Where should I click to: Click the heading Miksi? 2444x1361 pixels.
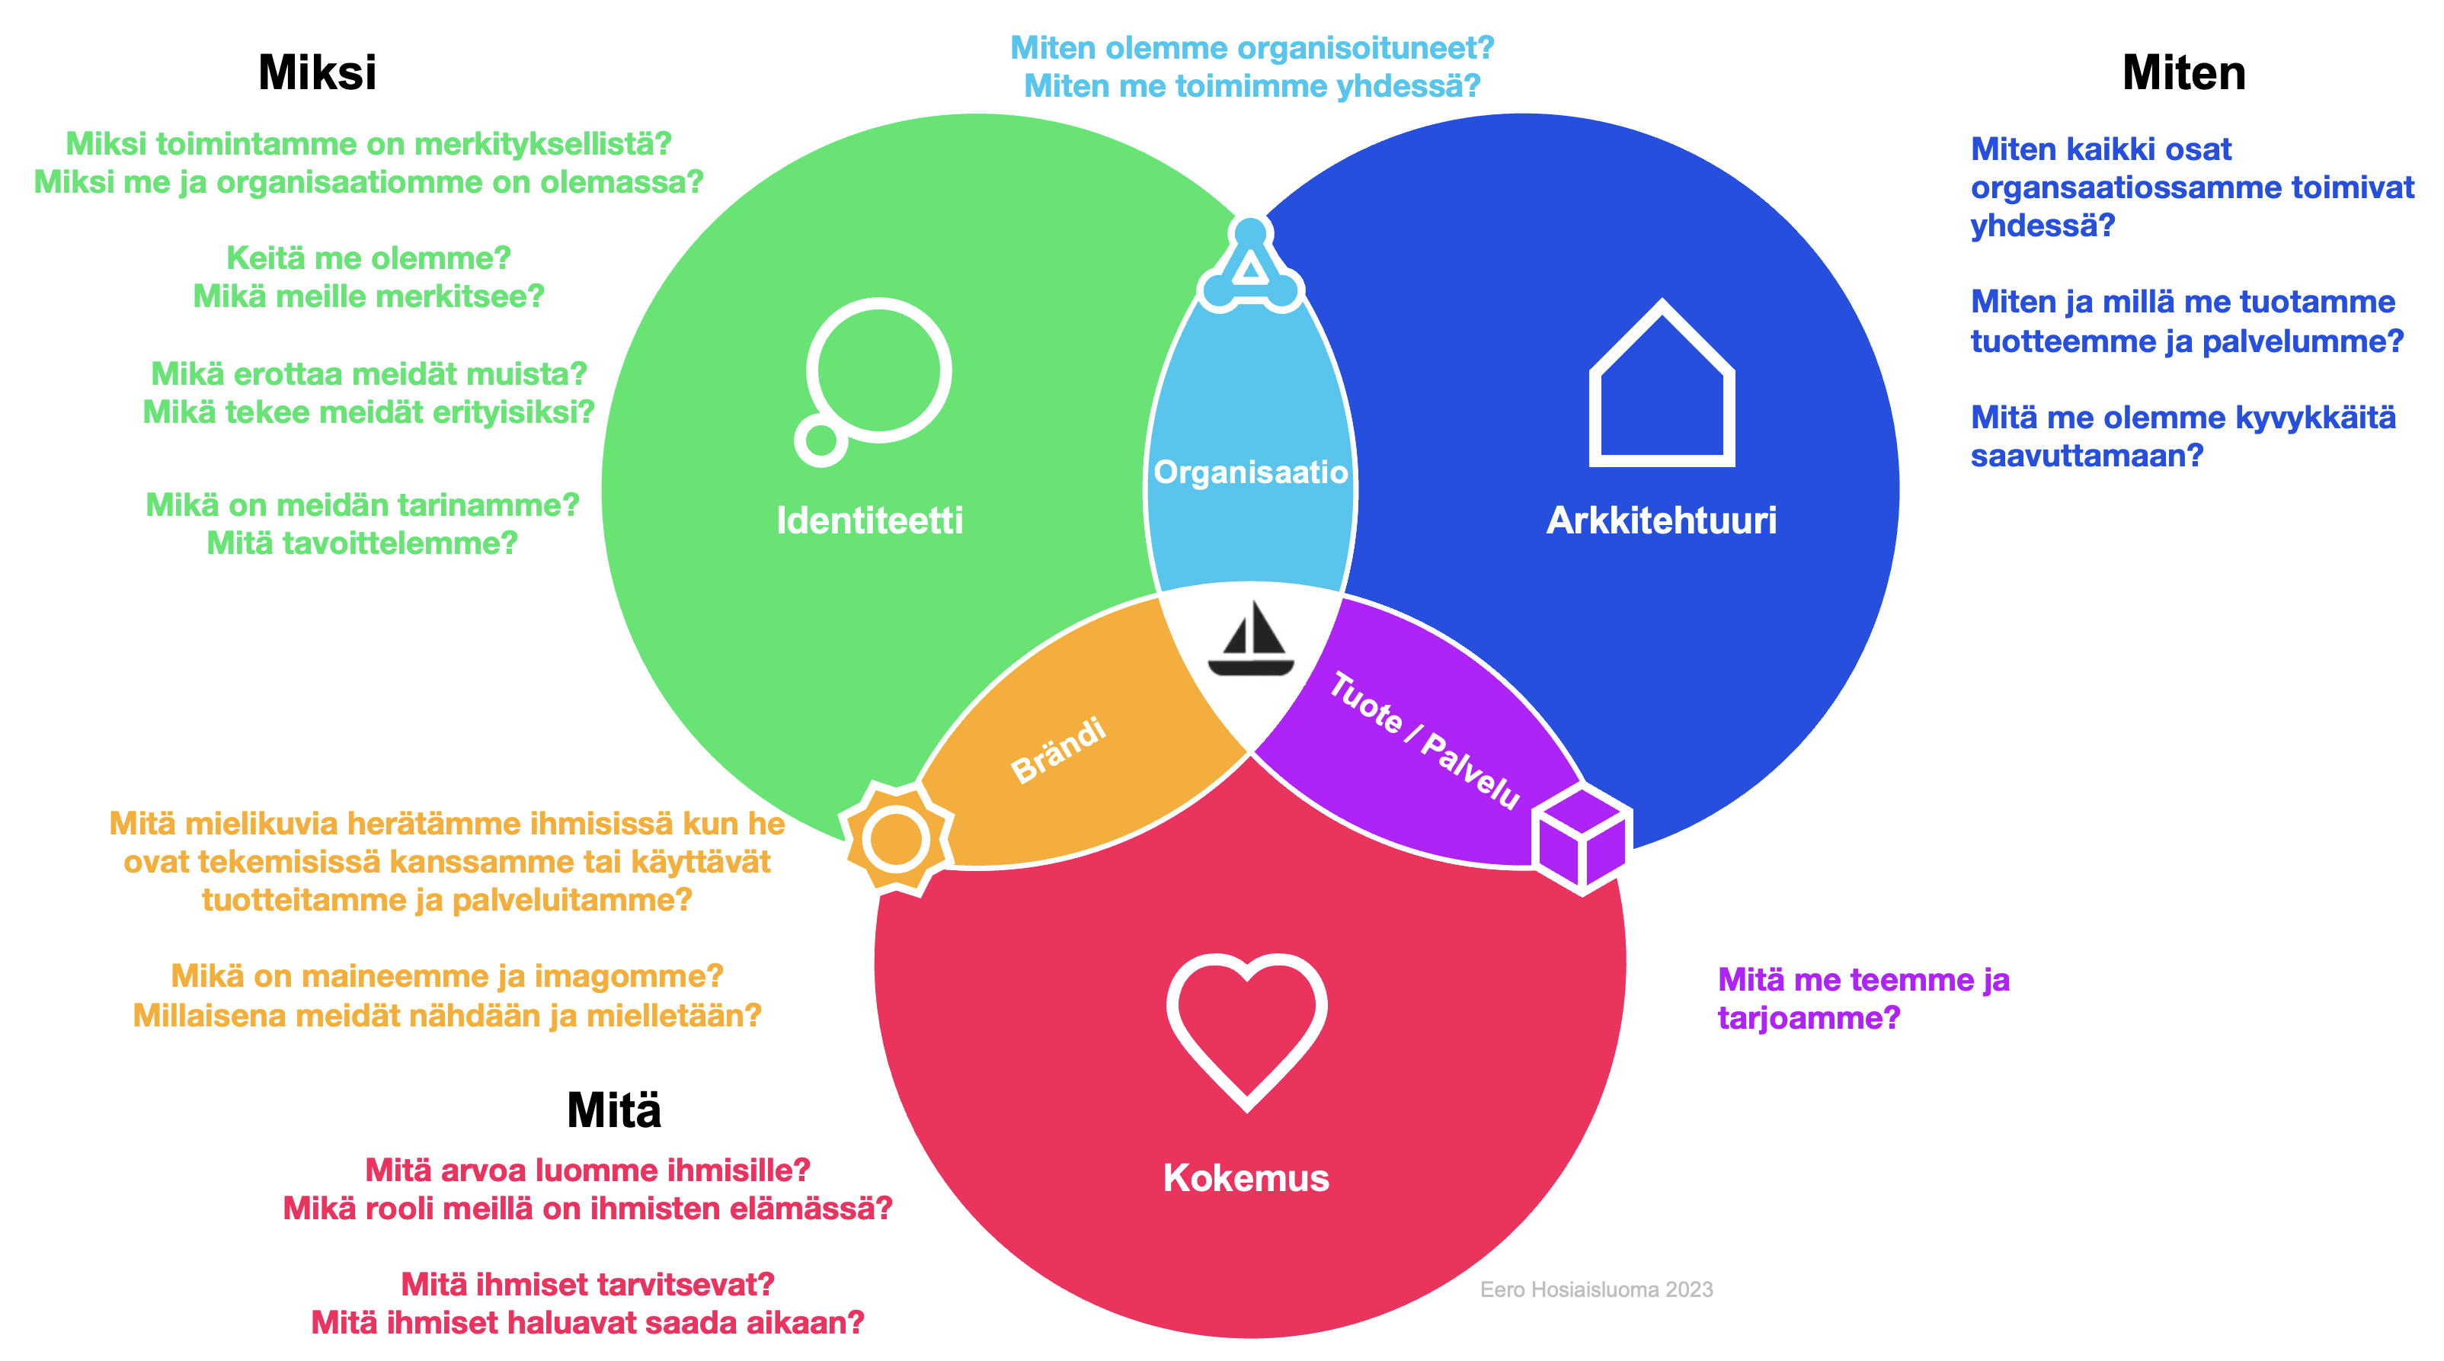click(x=317, y=73)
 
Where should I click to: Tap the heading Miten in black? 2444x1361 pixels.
click(x=2183, y=73)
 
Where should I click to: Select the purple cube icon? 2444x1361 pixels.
click(x=1582, y=838)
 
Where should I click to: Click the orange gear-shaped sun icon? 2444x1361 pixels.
click(x=896, y=839)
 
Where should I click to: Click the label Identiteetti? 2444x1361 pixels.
click(x=869, y=520)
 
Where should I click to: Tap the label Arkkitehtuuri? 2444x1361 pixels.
click(x=1662, y=520)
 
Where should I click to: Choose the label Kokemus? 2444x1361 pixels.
click(x=1246, y=1178)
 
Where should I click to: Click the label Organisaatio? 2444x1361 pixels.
click(x=1250, y=472)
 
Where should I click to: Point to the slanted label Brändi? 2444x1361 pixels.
click(x=1058, y=750)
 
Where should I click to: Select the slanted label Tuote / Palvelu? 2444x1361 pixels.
click(x=1424, y=740)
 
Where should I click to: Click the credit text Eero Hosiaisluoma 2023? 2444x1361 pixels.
click(x=1596, y=1289)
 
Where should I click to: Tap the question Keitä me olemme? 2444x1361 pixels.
click(x=368, y=258)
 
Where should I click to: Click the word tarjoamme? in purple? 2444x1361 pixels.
click(x=1809, y=1017)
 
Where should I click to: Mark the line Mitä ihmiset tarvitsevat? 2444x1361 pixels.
click(x=587, y=1284)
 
